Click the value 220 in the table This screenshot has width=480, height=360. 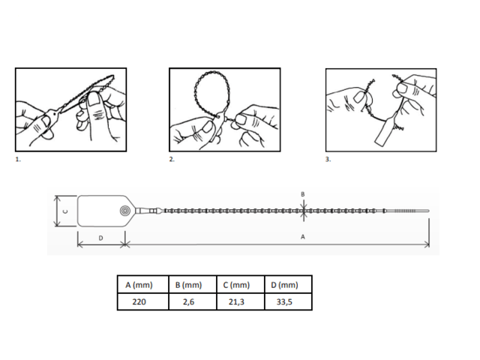(x=139, y=301)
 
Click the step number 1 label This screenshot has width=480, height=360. (x=18, y=159)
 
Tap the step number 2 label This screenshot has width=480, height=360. (x=172, y=159)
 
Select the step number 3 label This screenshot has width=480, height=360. (x=328, y=159)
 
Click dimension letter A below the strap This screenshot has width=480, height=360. (x=303, y=237)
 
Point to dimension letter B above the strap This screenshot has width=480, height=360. (x=303, y=194)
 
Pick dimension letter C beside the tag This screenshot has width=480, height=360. (x=65, y=211)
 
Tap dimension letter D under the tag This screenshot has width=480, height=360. (x=100, y=238)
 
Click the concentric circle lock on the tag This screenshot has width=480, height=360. (x=124, y=211)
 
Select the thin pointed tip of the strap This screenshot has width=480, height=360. (x=428, y=211)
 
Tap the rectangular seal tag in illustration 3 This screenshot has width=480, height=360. (x=385, y=131)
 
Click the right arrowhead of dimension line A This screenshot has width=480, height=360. (x=427, y=244)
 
